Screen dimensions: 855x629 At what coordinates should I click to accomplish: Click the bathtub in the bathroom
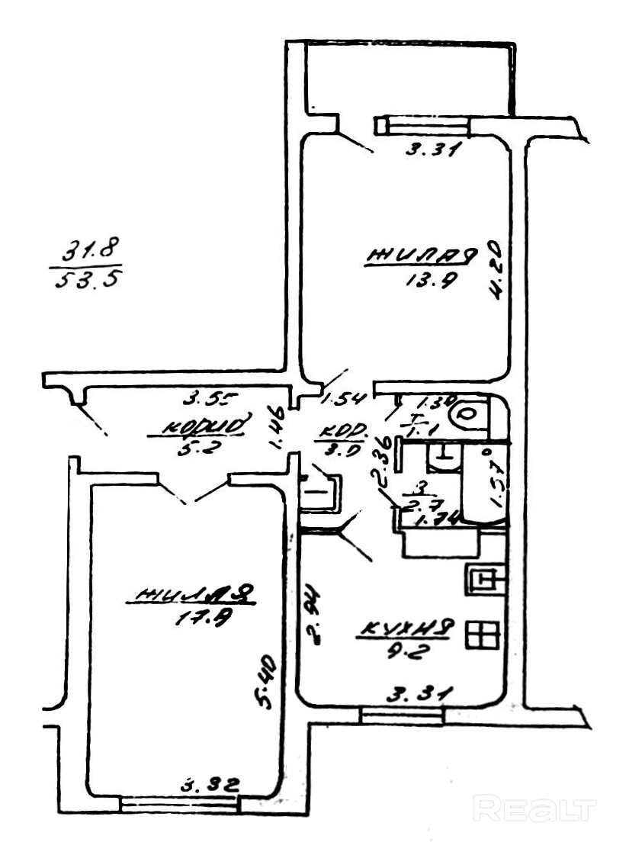pos(485,485)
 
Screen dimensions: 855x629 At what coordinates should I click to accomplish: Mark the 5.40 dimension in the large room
pos(268,683)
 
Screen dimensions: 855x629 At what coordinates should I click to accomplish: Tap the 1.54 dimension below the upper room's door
pos(345,398)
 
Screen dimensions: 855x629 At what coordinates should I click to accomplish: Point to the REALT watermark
pos(534,807)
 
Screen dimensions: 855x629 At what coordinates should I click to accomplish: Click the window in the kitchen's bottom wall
pos(402,715)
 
